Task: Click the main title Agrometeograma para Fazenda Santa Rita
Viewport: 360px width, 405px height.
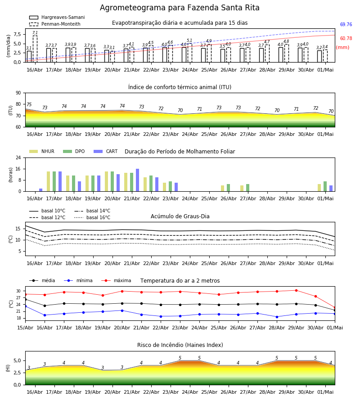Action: coord(180,8)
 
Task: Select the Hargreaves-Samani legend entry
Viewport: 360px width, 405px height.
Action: coord(57,17)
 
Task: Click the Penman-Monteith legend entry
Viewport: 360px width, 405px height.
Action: coord(55,24)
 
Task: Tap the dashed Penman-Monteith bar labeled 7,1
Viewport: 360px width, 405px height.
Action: coord(35,49)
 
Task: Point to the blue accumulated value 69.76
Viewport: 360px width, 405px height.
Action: coord(346,25)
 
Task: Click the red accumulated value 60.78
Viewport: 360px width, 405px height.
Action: coord(346,39)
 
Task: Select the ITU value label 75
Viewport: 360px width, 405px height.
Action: coord(29,104)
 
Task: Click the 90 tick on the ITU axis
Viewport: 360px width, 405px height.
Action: coord(18,93)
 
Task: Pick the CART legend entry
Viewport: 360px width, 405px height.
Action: coord(106,151)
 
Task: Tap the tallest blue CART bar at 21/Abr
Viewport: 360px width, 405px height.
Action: coord(137,180)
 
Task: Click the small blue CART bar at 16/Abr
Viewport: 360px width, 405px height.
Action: coord(40,190)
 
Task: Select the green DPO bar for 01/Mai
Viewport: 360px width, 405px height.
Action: coord(325,186)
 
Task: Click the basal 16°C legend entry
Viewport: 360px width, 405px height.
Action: coord(92,217)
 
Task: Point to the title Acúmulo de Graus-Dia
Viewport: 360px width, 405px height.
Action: coord(180,216)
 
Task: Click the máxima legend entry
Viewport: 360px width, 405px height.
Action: coord(117,280)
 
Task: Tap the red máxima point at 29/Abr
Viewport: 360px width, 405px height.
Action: coord(296,290)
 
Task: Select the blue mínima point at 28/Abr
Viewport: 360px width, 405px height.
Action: coord(277,317)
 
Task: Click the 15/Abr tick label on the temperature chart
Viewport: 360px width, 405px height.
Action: coord(25,328)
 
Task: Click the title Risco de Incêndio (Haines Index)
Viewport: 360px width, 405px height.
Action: coord(180,345)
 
